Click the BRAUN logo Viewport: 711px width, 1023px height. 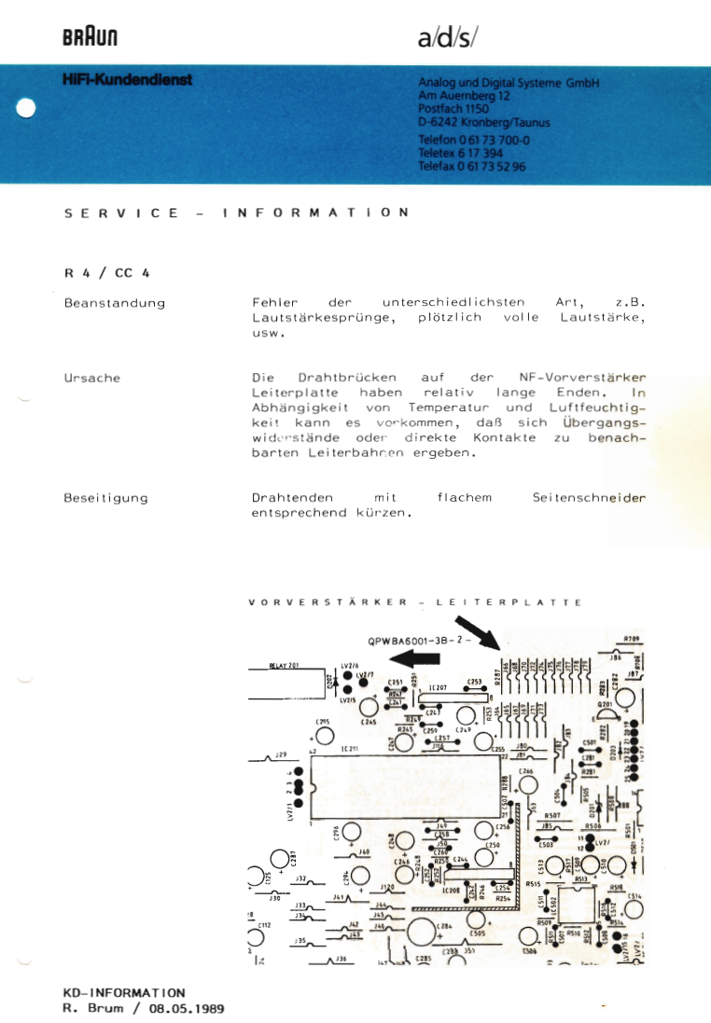click(90, 38)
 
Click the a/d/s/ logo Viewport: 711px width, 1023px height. click(448, 38)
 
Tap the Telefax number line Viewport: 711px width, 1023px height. click(472, 167)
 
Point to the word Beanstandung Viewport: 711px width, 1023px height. click(114, 303)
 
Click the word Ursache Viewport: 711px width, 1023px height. click(91, 379)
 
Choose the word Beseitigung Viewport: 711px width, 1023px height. click(105, 498)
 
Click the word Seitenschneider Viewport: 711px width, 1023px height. click(589, 498)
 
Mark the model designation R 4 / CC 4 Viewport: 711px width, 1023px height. click(107, 273)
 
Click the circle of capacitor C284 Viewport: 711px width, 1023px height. click(422, 930)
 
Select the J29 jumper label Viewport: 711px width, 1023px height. click(280, 753)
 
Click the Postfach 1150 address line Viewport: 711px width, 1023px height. click(453, 108)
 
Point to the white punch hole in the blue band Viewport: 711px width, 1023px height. click(26, 108)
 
